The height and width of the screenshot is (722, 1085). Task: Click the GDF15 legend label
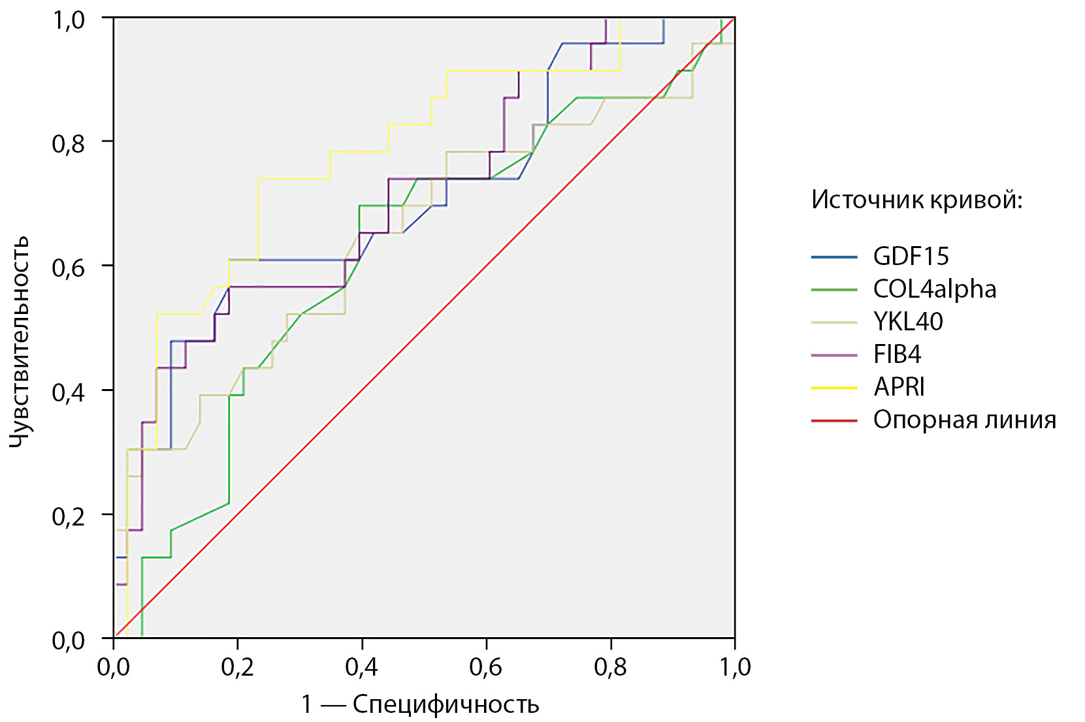[x=911, y=257]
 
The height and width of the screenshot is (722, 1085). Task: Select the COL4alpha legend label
[x=934, y=289]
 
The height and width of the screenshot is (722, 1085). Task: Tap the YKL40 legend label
[x=908, y=322]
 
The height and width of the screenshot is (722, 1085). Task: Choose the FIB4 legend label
[x=897, y=354]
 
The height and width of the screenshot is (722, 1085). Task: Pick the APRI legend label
[x=899, y=387]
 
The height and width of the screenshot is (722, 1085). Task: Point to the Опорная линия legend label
[x=964, y=420]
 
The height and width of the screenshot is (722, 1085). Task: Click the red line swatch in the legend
[x=834, y=420]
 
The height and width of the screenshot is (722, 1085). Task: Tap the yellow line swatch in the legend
[x=834, y=388]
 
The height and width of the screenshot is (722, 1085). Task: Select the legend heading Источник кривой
[x=916, y=200]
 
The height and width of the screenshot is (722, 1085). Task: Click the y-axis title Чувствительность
[x=20, y=341]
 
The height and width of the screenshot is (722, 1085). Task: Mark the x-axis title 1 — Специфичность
[x=420, y=705]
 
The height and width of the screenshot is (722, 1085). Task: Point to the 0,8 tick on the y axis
[x=69, y=143]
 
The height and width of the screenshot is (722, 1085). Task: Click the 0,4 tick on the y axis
[x=69, y=392]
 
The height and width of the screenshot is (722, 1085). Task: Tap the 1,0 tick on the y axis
[x=69, y=20]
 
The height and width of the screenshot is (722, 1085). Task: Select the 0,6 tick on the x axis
[x=486, y=667]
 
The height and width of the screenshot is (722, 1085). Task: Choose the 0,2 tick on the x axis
[x=237, y=667]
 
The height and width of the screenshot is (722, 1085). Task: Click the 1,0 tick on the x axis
[x=735, y=667]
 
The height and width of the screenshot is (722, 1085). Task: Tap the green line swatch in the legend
[x=834, y=290]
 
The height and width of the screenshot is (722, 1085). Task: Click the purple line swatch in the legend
[x=834, y=355]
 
